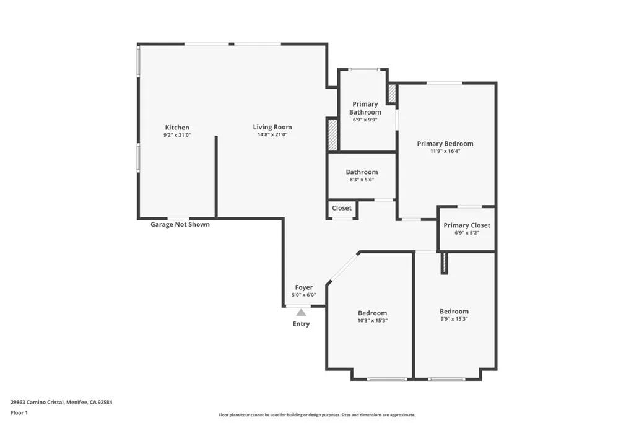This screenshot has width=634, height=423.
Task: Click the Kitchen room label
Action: [176, 128]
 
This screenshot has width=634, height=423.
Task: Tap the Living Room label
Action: [272, 128]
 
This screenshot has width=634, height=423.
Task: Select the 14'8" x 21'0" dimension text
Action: [272, 135]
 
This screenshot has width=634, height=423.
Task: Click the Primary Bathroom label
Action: [365, 108]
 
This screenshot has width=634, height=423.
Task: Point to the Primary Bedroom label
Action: [445, 144]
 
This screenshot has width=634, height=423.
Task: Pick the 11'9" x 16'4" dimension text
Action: [445, 151]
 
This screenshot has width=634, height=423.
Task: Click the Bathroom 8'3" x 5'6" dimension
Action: [362, 180]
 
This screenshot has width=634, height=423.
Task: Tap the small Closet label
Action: [342, 208]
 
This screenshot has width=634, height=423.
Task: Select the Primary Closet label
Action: [467, 225]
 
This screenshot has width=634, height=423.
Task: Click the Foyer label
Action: [303, 287]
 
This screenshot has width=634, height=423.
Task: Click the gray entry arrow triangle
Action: [301, 313]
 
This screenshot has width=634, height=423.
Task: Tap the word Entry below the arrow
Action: [301, 324]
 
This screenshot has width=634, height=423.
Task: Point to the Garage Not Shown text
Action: [180, 224]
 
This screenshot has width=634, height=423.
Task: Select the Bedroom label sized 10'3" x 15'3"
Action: [372, 313]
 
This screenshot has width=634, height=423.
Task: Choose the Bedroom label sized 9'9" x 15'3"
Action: [454, 312]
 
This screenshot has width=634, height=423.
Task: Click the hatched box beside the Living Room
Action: [332, 134]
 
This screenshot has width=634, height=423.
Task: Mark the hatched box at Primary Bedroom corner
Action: [392, 94]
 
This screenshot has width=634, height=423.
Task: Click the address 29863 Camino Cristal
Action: [61, 402]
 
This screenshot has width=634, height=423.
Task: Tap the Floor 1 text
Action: [20, 412]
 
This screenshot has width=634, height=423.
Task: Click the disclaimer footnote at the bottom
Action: [316, 415]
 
